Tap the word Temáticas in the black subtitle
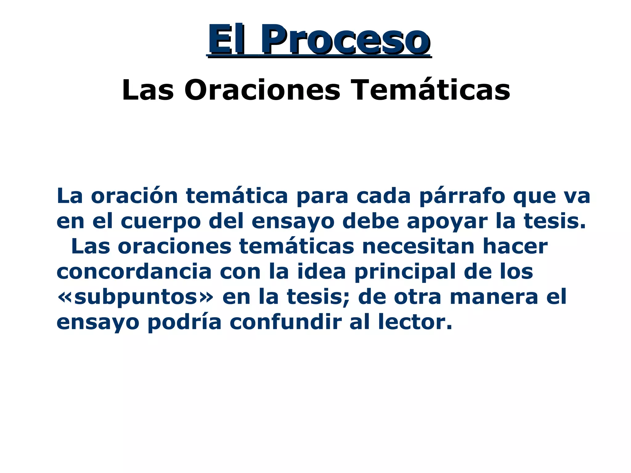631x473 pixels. click(431, 90)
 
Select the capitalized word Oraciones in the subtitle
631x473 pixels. click(262, 90)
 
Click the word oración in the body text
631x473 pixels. click(134, 196)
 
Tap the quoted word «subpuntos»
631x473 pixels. click(135, 297)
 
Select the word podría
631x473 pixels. click(184, 323)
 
